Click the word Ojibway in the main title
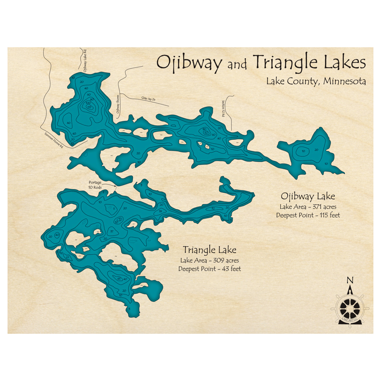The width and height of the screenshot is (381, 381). tap(189, 63)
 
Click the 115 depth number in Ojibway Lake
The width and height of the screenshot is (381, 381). tap(90, 107)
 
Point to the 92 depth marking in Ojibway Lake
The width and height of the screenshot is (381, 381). tap(206, 133)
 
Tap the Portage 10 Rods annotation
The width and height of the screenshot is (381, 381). tap(95, 184)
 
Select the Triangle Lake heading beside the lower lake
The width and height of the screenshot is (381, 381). tap(209, 250)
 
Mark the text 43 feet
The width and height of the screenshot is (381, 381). tap(229, 269)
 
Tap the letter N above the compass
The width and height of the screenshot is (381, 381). tap(350, 281)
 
